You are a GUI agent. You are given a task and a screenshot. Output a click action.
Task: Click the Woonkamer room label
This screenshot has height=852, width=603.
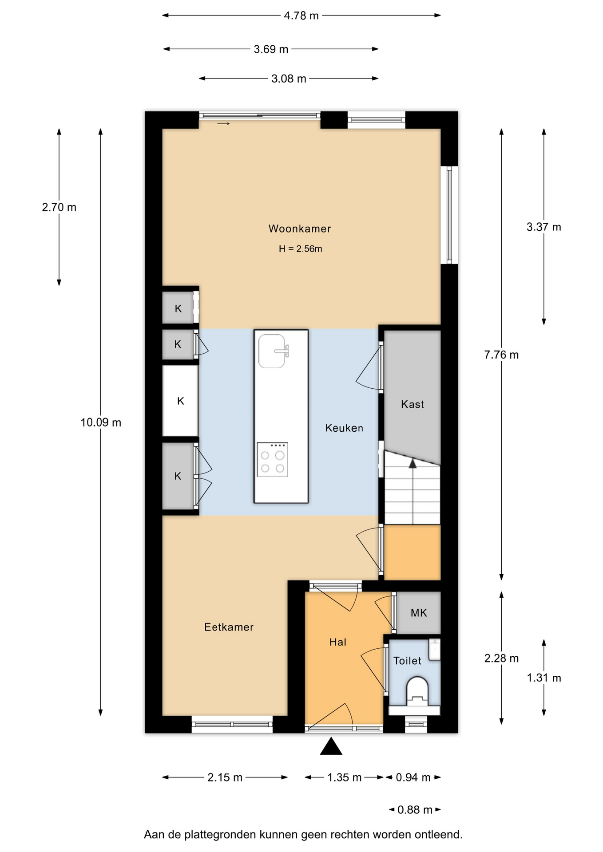pos(300,229)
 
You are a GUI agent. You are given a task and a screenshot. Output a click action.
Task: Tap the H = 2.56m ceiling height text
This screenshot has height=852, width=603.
pos(301,249)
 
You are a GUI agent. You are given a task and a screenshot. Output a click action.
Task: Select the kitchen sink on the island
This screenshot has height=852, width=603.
pos(272,351)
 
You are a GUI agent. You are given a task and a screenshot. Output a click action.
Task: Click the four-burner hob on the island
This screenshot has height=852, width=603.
pos(272,459)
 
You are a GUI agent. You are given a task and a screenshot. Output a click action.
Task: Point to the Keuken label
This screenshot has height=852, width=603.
pos(344,428)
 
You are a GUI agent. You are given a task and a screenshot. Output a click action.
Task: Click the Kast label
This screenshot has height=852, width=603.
pos(413,404)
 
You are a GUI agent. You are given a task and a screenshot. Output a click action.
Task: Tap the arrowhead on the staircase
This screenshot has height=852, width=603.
pos(413,463)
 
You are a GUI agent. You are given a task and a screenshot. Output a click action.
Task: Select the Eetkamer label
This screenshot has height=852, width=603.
pos(229,627)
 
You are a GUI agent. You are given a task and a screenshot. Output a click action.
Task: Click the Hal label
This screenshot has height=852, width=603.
pos(338,642)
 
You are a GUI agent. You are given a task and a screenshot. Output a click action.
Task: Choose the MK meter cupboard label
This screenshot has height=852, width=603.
pos(419,613)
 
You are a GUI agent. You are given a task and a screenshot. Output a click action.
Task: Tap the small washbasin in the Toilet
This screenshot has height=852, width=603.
pos(434,650)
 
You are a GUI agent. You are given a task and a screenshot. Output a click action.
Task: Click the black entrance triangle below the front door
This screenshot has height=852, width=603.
pos(331,746)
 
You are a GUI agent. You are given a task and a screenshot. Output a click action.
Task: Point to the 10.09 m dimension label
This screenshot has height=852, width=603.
pos(101,422)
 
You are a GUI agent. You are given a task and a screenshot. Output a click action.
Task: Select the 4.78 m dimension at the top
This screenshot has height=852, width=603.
pos(301,16)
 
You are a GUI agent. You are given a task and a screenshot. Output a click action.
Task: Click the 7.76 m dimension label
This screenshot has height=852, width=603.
pos(501,355)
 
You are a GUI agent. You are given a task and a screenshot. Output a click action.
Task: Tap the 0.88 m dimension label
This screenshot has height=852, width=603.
pos(415,810)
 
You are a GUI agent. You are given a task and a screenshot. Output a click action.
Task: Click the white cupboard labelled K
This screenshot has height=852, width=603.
pos(180,401)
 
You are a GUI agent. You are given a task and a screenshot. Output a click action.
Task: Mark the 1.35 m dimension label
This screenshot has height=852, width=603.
pos(345,777)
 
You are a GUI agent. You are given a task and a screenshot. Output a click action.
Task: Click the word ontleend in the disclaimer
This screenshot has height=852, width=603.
pos(439,835)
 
